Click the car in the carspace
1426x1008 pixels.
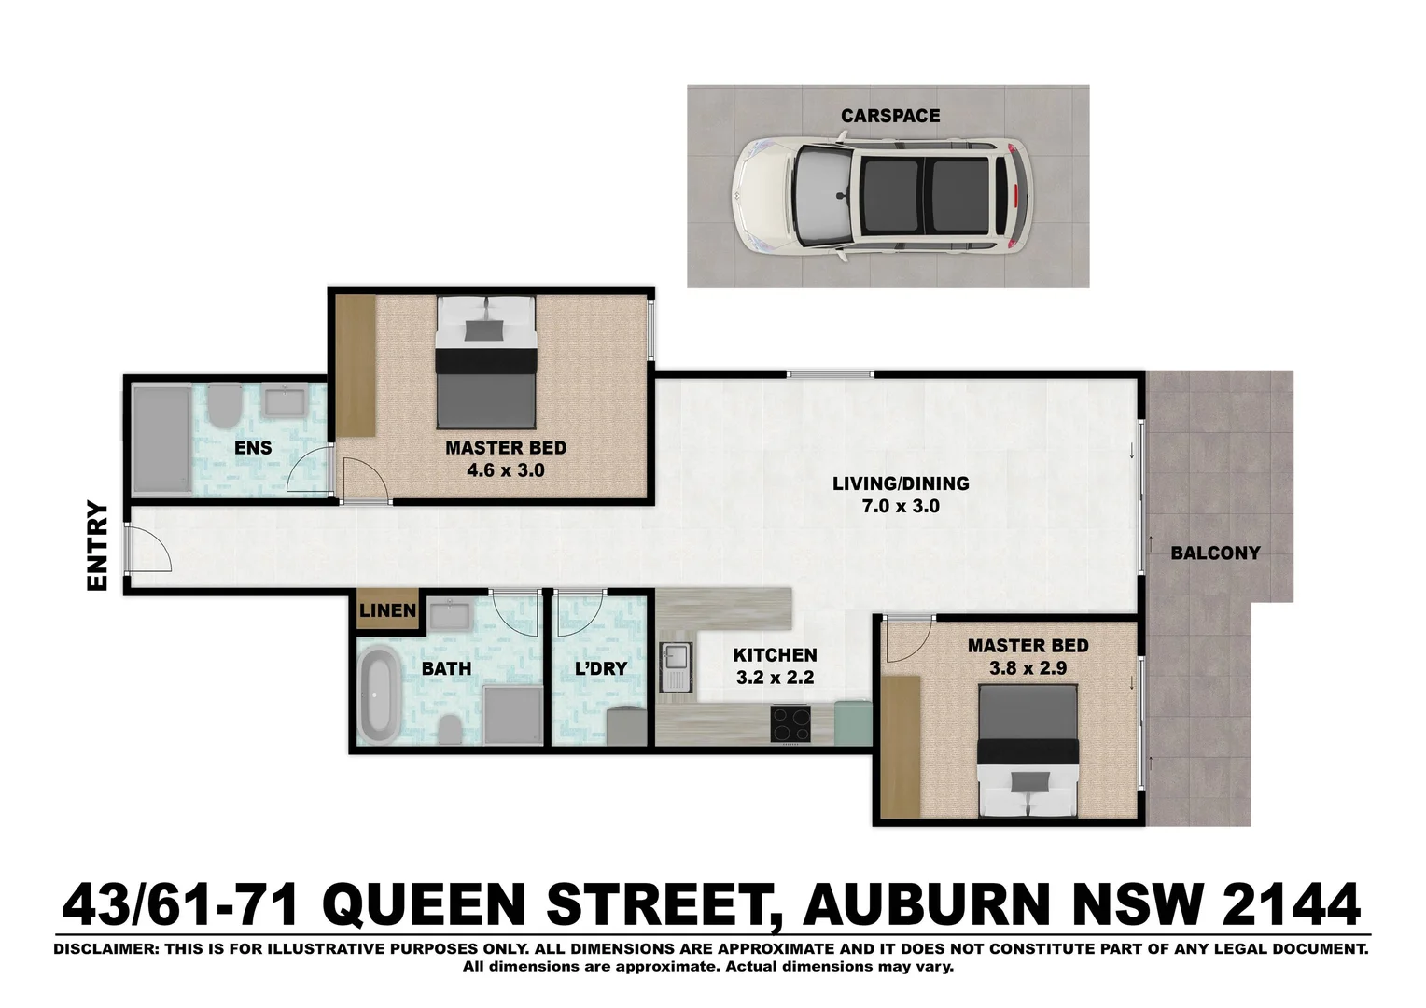pyautogui.click(x=881, y=196)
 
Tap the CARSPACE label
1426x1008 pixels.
pyautogui.click(x=890, y=116)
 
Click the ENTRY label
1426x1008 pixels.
pyautogui.click(x=98, y=546)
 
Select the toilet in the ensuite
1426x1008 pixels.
pyautogui.click(x=222, y=405)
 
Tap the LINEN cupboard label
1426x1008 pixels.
pyautogui.click(x=387, y=611)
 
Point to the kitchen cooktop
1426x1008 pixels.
pyautogui.click(x=790, y=723)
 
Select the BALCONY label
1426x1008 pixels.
pyautogui.click(x=1215, y=553)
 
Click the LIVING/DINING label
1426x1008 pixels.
pyautogui.click(x=901, y=483)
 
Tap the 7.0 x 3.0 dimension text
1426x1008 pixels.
pyautogui.click(x=900, y=507)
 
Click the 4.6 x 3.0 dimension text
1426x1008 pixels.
pyautogui.click(x=505, y=470)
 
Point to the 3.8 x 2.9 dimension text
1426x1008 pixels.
pyautogui.click(x=1027, y=668)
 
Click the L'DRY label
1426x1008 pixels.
pyautogui.click(x=600, y=668)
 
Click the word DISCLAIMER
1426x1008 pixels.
pyautogui.click(x=104, y=949)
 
